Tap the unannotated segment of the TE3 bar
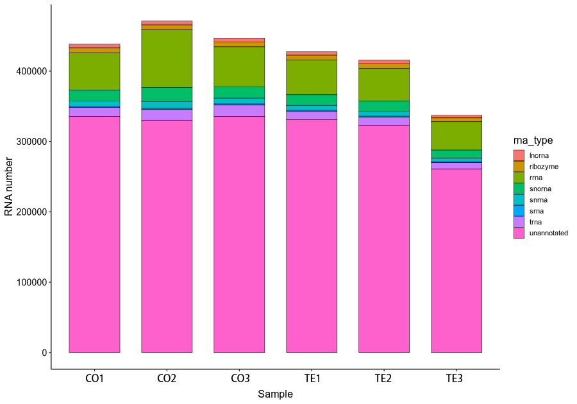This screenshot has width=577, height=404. coord(456,260)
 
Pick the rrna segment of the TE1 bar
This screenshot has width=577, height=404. coord(312,77)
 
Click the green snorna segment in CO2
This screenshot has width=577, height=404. coord(167,94)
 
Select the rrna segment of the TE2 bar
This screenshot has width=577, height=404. coord(383,84)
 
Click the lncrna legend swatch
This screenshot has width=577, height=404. coord(519,155)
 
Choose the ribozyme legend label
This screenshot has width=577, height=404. coord(544,166)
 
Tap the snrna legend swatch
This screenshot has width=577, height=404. coord(519,199)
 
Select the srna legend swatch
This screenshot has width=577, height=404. coord(519,210)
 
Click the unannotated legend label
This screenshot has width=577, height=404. coord(549,233)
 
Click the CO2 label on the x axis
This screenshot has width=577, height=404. coord(167,378)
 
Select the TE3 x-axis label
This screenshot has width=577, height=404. coord(454,378)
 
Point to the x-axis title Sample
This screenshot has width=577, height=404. coord(275,394)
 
